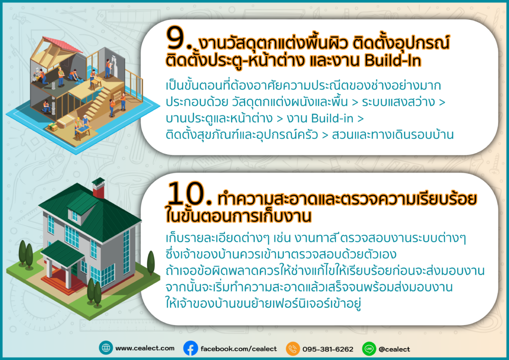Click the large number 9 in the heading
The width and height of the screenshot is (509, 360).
pos(175,38)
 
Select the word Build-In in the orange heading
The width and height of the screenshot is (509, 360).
pos(393,60)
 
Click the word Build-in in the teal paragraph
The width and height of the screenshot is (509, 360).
pos(332,118)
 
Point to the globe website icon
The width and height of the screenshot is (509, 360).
pos(106,348)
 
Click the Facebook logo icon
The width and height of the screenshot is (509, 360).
pos(190,348)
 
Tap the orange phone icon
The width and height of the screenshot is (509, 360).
pos(293,349)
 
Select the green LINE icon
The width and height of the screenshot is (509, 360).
pos(369,349)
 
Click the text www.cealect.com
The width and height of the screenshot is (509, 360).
pos(145,348)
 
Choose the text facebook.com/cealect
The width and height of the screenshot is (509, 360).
pos(239,349)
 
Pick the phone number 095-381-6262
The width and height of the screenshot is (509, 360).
pos(328,349)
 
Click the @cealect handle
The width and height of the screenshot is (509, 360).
pos(394,349)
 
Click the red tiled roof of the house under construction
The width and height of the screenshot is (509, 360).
pos(62,44)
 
